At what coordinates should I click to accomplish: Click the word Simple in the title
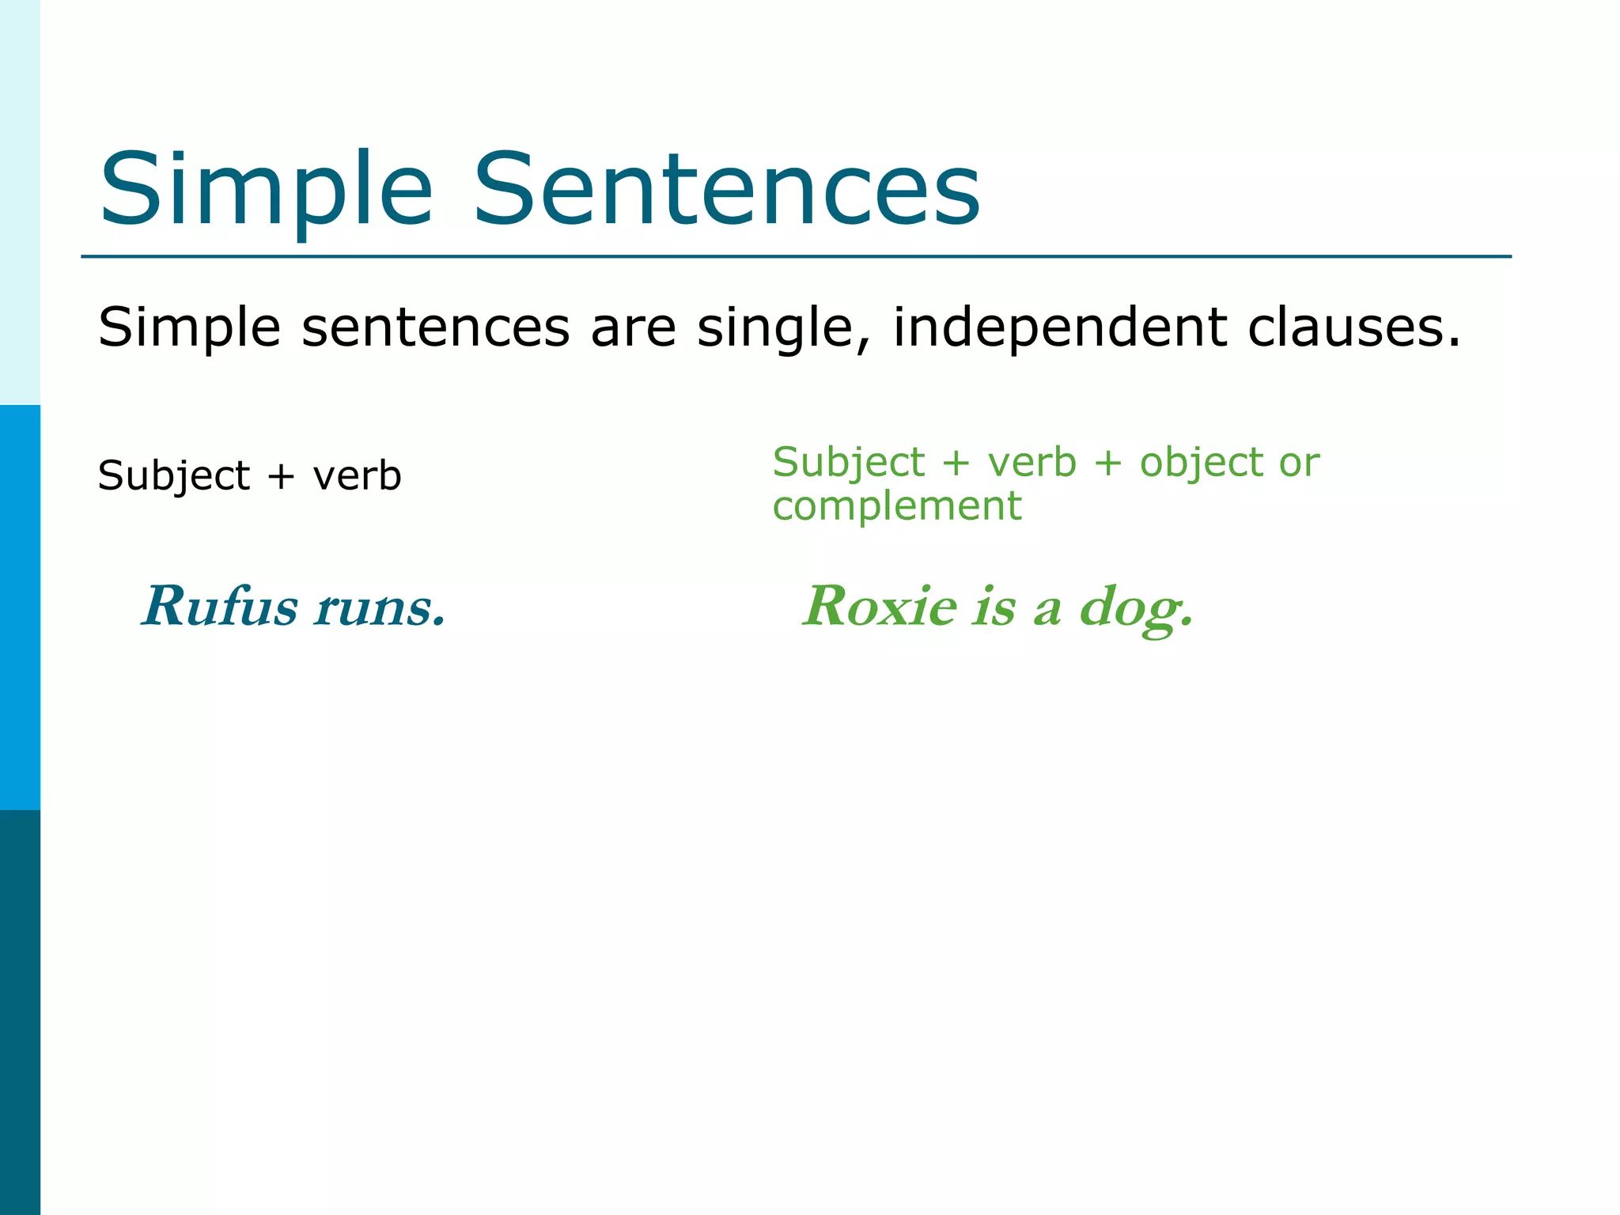click(266, 190)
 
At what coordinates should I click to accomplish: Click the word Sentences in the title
click(726, 190)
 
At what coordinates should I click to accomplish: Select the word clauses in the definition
click(1353, 327)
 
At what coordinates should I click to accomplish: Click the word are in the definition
click(633, 327)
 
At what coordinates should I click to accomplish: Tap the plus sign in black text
click(281, 477)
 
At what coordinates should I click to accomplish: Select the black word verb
click(357, 476)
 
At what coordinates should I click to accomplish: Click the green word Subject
click(848, 463)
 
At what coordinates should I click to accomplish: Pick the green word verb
click(1031, 463)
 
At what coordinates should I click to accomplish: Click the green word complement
click(897, 507)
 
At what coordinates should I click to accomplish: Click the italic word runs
click(378, 608)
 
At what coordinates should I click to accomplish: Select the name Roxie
click(880, 607)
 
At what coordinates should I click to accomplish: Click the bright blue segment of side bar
click(20, 607)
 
